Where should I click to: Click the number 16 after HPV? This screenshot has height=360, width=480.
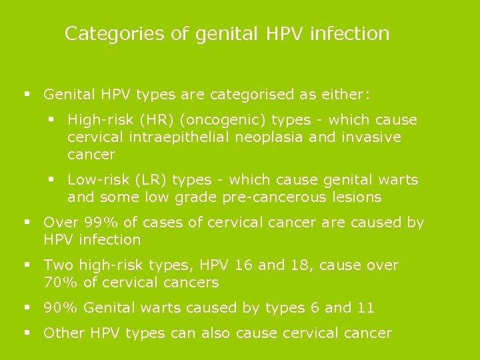(243, 265)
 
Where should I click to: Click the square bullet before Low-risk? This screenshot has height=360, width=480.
(53, 180)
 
